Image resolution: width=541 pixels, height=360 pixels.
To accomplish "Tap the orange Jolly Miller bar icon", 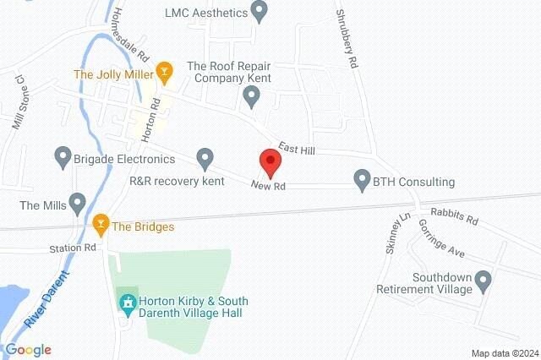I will point(165,73).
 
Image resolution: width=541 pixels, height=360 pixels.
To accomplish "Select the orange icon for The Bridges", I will point(101,226).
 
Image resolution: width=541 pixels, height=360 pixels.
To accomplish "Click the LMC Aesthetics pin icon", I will point(260,12).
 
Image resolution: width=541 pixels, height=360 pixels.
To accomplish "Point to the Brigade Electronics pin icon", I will point(62,156).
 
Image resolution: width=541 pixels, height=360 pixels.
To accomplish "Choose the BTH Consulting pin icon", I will point(362,180).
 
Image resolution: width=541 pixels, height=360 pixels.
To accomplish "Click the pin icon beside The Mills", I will point(78,203).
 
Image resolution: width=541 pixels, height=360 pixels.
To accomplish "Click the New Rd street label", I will point(269,185).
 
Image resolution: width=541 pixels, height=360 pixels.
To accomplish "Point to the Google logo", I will point(28,350).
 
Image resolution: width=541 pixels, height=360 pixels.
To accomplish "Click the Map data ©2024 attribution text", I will point(505,353).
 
